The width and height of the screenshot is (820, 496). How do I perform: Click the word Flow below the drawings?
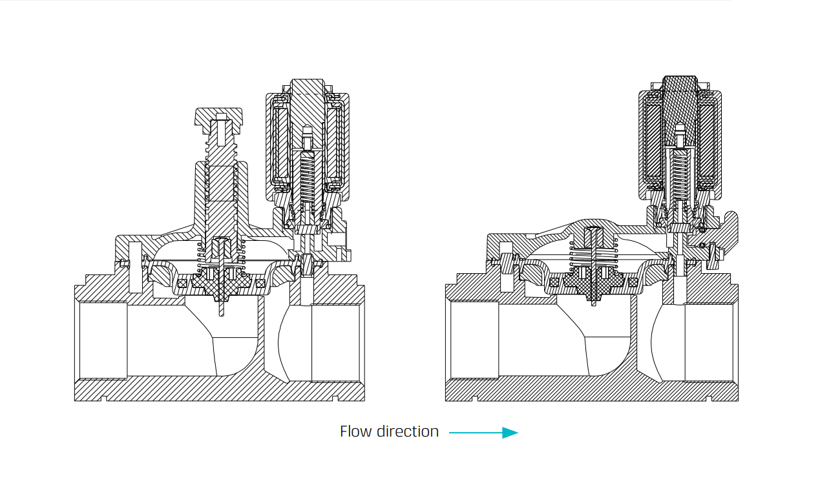356,431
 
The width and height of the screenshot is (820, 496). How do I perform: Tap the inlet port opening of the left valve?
101,340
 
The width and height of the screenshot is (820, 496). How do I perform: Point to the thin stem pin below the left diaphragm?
222,307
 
